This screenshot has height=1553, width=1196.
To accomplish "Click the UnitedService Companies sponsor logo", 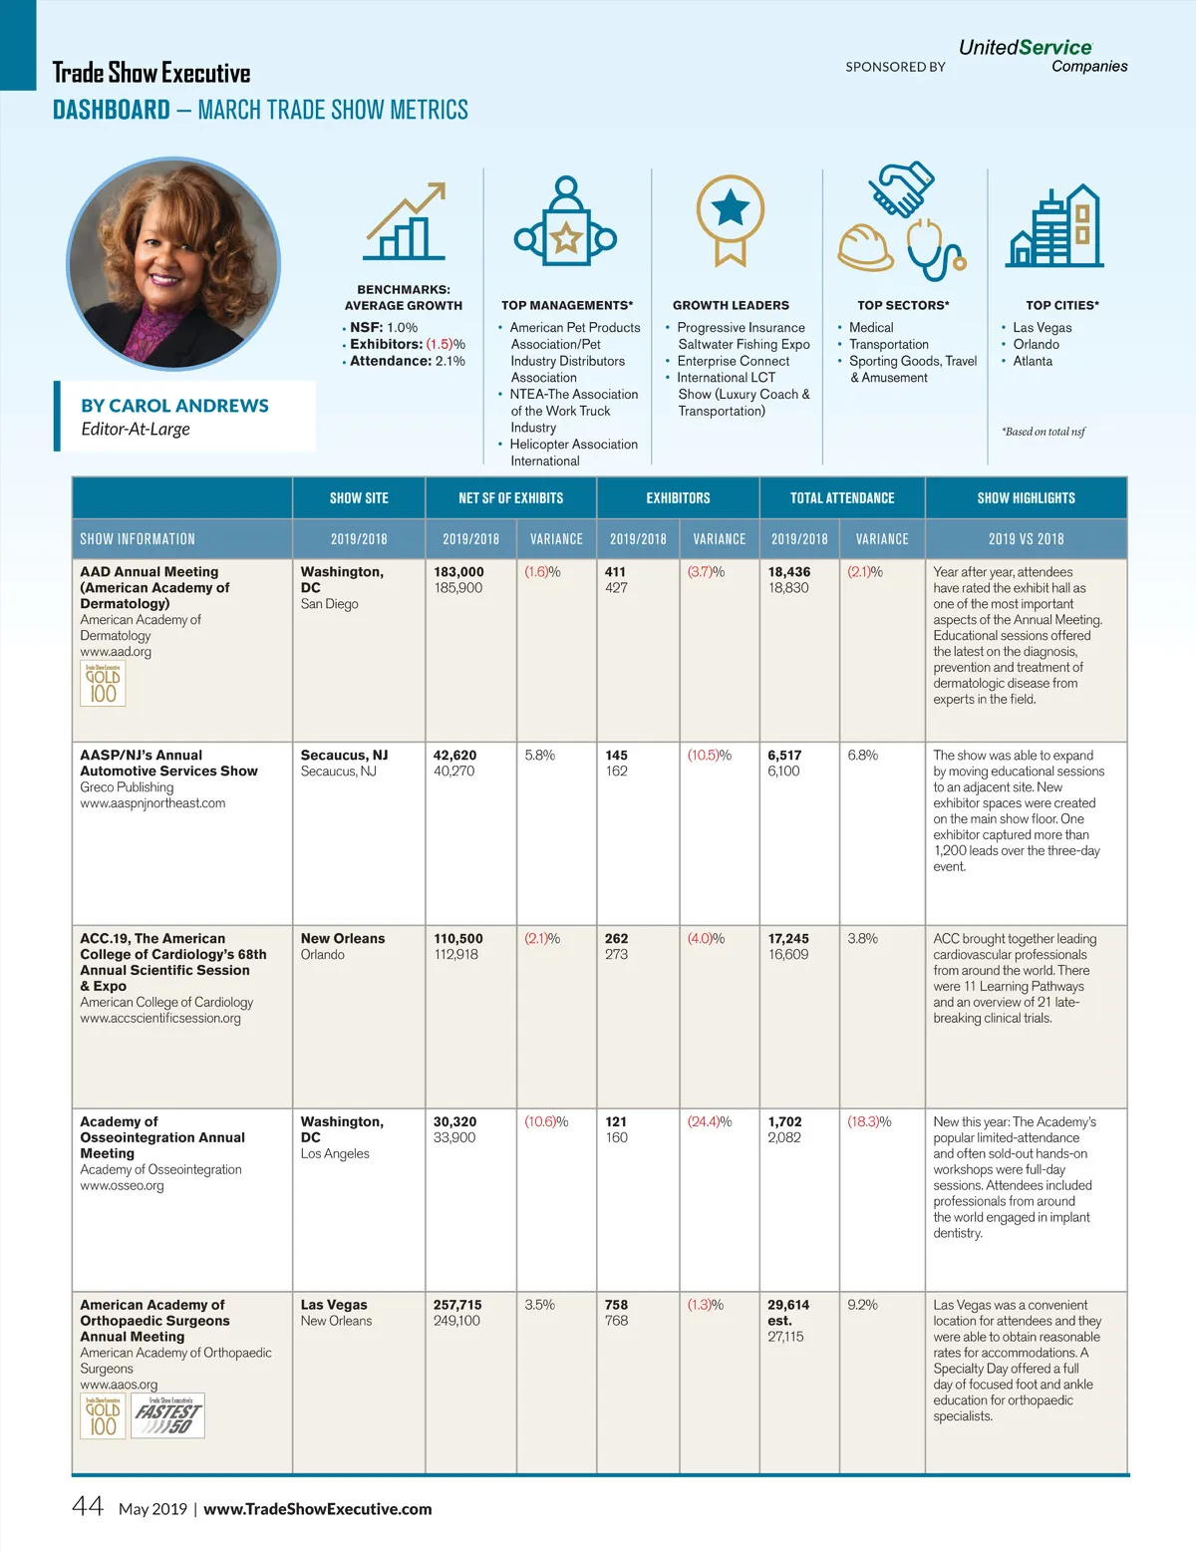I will click(1042, 56).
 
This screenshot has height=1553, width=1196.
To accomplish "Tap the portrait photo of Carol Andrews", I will click(173, 263).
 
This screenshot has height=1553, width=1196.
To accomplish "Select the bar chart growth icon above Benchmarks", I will click(404, 222).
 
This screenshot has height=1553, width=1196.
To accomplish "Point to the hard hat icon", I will click(864, 247).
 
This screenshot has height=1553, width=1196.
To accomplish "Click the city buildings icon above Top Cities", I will click(1055, 226).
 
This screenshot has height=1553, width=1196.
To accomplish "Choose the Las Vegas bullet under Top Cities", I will click(1042, 328).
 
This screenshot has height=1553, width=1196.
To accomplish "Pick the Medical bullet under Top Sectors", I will click(871, 328).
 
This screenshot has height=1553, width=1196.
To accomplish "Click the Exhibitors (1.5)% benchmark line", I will click(407, 344).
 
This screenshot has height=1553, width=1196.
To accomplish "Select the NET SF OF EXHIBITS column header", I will click(510, 498).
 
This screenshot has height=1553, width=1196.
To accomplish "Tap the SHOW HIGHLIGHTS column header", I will click(1026, 498).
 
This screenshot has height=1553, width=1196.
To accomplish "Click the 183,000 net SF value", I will click(458, 572).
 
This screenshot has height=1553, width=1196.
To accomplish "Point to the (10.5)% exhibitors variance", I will click(709, 756).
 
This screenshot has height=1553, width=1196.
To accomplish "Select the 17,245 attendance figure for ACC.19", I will click(788, 939).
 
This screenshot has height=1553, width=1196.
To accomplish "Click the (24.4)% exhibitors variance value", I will click(709, 1122).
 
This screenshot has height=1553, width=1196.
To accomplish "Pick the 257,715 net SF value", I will click(457, 1305).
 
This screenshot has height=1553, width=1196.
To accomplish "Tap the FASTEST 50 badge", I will click(168, 1415).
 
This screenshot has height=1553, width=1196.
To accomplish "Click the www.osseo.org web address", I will click(122, 1186).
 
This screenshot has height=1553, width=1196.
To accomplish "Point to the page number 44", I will click(88, 1506).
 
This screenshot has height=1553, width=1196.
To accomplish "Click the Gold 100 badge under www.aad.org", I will click(103, 684).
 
